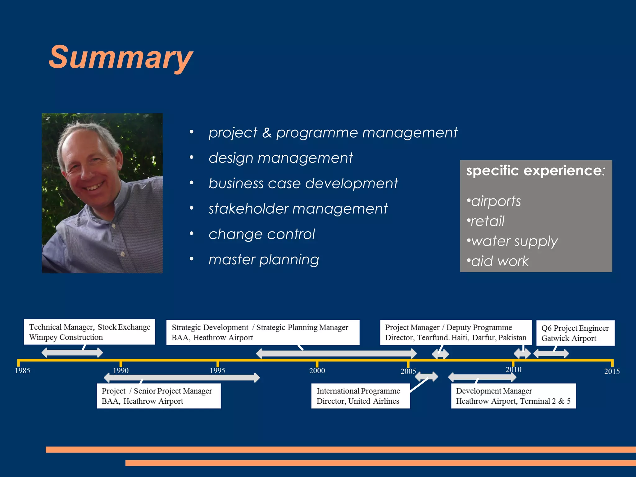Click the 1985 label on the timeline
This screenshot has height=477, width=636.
[22, 370]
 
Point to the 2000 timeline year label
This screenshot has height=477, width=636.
[317, 370]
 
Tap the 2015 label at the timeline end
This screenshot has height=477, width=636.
[611, 371]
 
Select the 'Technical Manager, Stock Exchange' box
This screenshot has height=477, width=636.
[89, 332]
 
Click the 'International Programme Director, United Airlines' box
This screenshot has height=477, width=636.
[360, 396]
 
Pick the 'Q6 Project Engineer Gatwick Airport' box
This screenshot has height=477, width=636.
[575, 333]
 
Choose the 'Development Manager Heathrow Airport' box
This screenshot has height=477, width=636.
[513, 396]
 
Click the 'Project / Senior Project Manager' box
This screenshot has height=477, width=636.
[158, 396]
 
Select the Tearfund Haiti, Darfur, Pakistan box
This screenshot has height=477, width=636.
[456, 332]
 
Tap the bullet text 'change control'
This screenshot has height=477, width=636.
[261, 234]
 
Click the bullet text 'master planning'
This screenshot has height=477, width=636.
[264, 260]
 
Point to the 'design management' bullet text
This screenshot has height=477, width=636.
[280, 158]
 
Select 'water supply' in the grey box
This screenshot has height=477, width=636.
[514, 241]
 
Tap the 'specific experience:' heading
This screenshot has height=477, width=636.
[535, 170]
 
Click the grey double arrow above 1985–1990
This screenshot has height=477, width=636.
[72, 352]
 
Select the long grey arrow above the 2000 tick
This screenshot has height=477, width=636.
[336, 353]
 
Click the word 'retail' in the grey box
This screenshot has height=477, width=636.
[487, 221]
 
